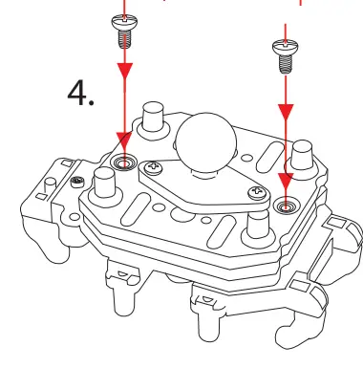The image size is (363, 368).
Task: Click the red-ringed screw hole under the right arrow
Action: point(284,206)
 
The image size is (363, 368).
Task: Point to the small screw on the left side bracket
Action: point(75,181)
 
